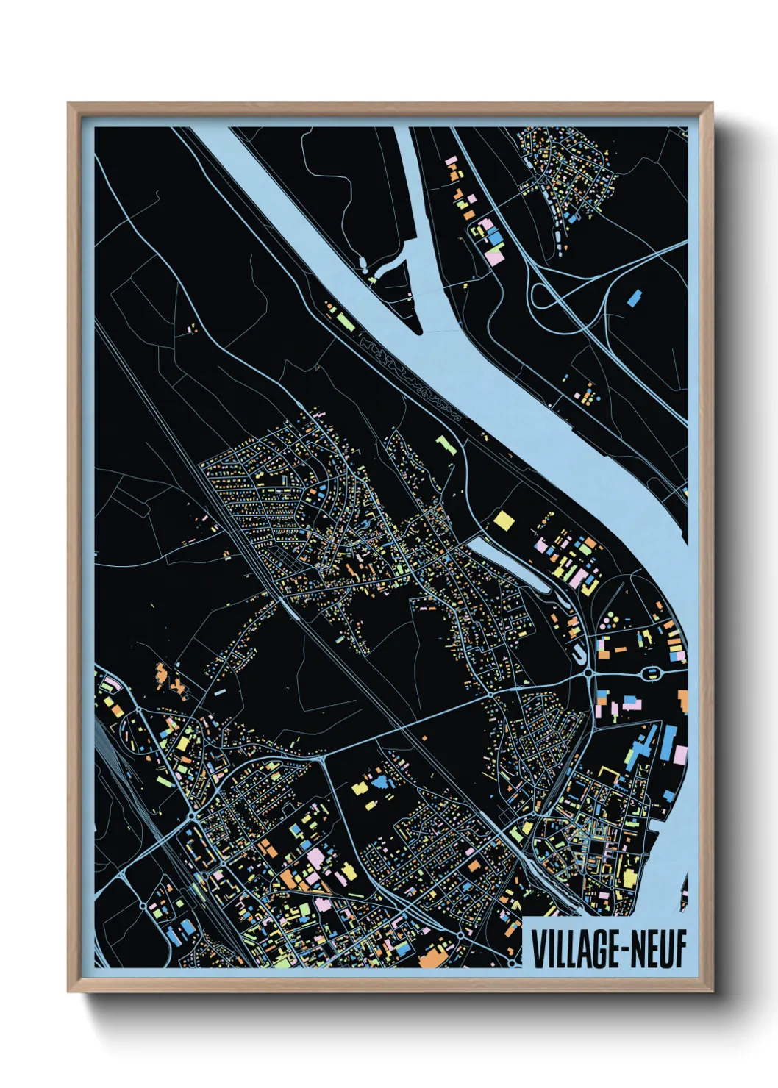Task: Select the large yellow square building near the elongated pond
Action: pyautogui.click(x=504, y=520)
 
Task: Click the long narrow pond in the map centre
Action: pyautogui.click(x=507, y=562)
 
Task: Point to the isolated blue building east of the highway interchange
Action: pyautogui.click(x=633, y=297)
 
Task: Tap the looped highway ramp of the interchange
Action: pyautogui.click(x=543, y=298)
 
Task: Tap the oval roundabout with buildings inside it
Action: pyautogui.click(x=650, y=673)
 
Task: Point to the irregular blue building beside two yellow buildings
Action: pyautogui.click(x=380, y=781)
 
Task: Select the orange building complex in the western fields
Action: pyautogui.click(x=174, y=680)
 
